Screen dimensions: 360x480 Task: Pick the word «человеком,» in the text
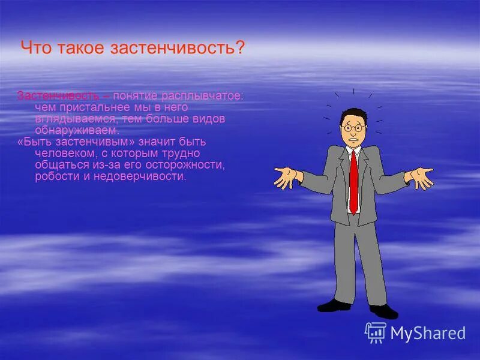[x=62, y=153]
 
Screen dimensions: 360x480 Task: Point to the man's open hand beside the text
[x=286, y=177]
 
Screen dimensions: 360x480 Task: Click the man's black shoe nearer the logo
[x=383, y=311]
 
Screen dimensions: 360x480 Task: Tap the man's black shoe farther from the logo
[x=334, y=305]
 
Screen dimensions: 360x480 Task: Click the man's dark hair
[x=352, y=114]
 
